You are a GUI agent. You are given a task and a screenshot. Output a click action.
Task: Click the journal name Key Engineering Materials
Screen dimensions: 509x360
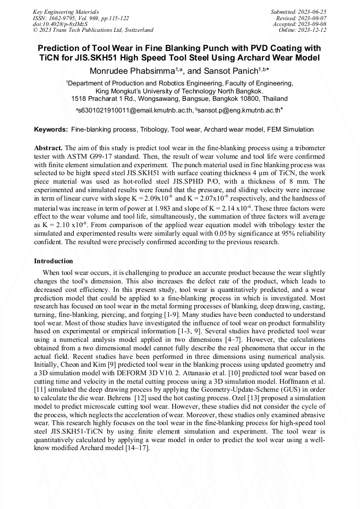point(65,11)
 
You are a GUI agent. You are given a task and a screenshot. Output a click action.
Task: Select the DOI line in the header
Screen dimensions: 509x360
point(61,24)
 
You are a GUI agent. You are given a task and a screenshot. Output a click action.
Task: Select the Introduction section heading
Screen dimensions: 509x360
point(54,261)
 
